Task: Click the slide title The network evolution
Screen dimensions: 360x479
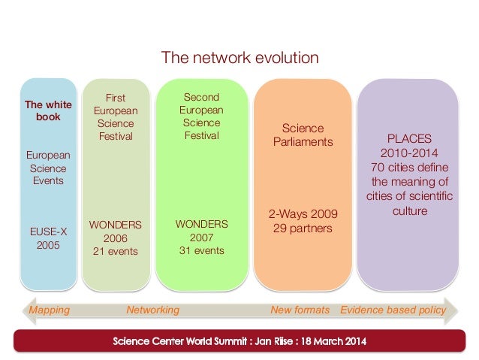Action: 240,58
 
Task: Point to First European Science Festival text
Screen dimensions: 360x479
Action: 115,117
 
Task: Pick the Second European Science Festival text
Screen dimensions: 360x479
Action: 201,116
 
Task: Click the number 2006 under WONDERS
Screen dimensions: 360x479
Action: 115,238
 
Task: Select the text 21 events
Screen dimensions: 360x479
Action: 115,251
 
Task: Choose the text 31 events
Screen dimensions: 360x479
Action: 201,250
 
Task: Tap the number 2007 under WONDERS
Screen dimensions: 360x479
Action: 201,237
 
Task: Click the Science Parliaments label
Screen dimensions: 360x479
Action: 303,135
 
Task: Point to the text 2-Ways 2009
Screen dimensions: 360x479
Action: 303,213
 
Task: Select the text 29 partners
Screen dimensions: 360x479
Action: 303,228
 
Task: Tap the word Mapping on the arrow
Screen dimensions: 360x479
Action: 49,310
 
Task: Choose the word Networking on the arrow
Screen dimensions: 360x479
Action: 153,310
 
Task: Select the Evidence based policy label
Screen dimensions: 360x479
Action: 393,310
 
